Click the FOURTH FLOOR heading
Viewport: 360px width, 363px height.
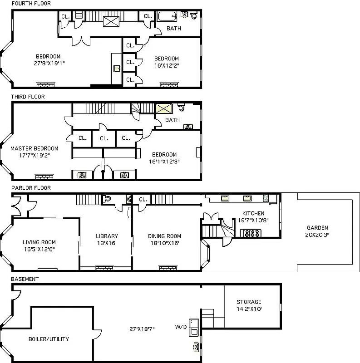click(31, 4)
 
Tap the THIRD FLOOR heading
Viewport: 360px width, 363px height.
click(28, 97)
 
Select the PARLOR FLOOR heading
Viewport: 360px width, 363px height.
click(31, 187)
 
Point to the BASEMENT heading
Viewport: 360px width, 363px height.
click(25, 279)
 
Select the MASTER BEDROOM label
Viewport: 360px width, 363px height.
click(35, 148)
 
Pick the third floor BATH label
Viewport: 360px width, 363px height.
click(172, 120)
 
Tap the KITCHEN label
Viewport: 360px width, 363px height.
click(253, 213)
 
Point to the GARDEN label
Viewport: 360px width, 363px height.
click(317, 228)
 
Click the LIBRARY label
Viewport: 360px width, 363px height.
click(107, 236)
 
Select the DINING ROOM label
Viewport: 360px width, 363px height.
click(164, 236)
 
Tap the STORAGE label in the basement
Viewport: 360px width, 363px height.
click(249, 302)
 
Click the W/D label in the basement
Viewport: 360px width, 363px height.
click(181, 326)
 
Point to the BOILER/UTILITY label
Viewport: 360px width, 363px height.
click(49, 339)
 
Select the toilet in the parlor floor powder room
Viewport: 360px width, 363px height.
click(108, 199)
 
